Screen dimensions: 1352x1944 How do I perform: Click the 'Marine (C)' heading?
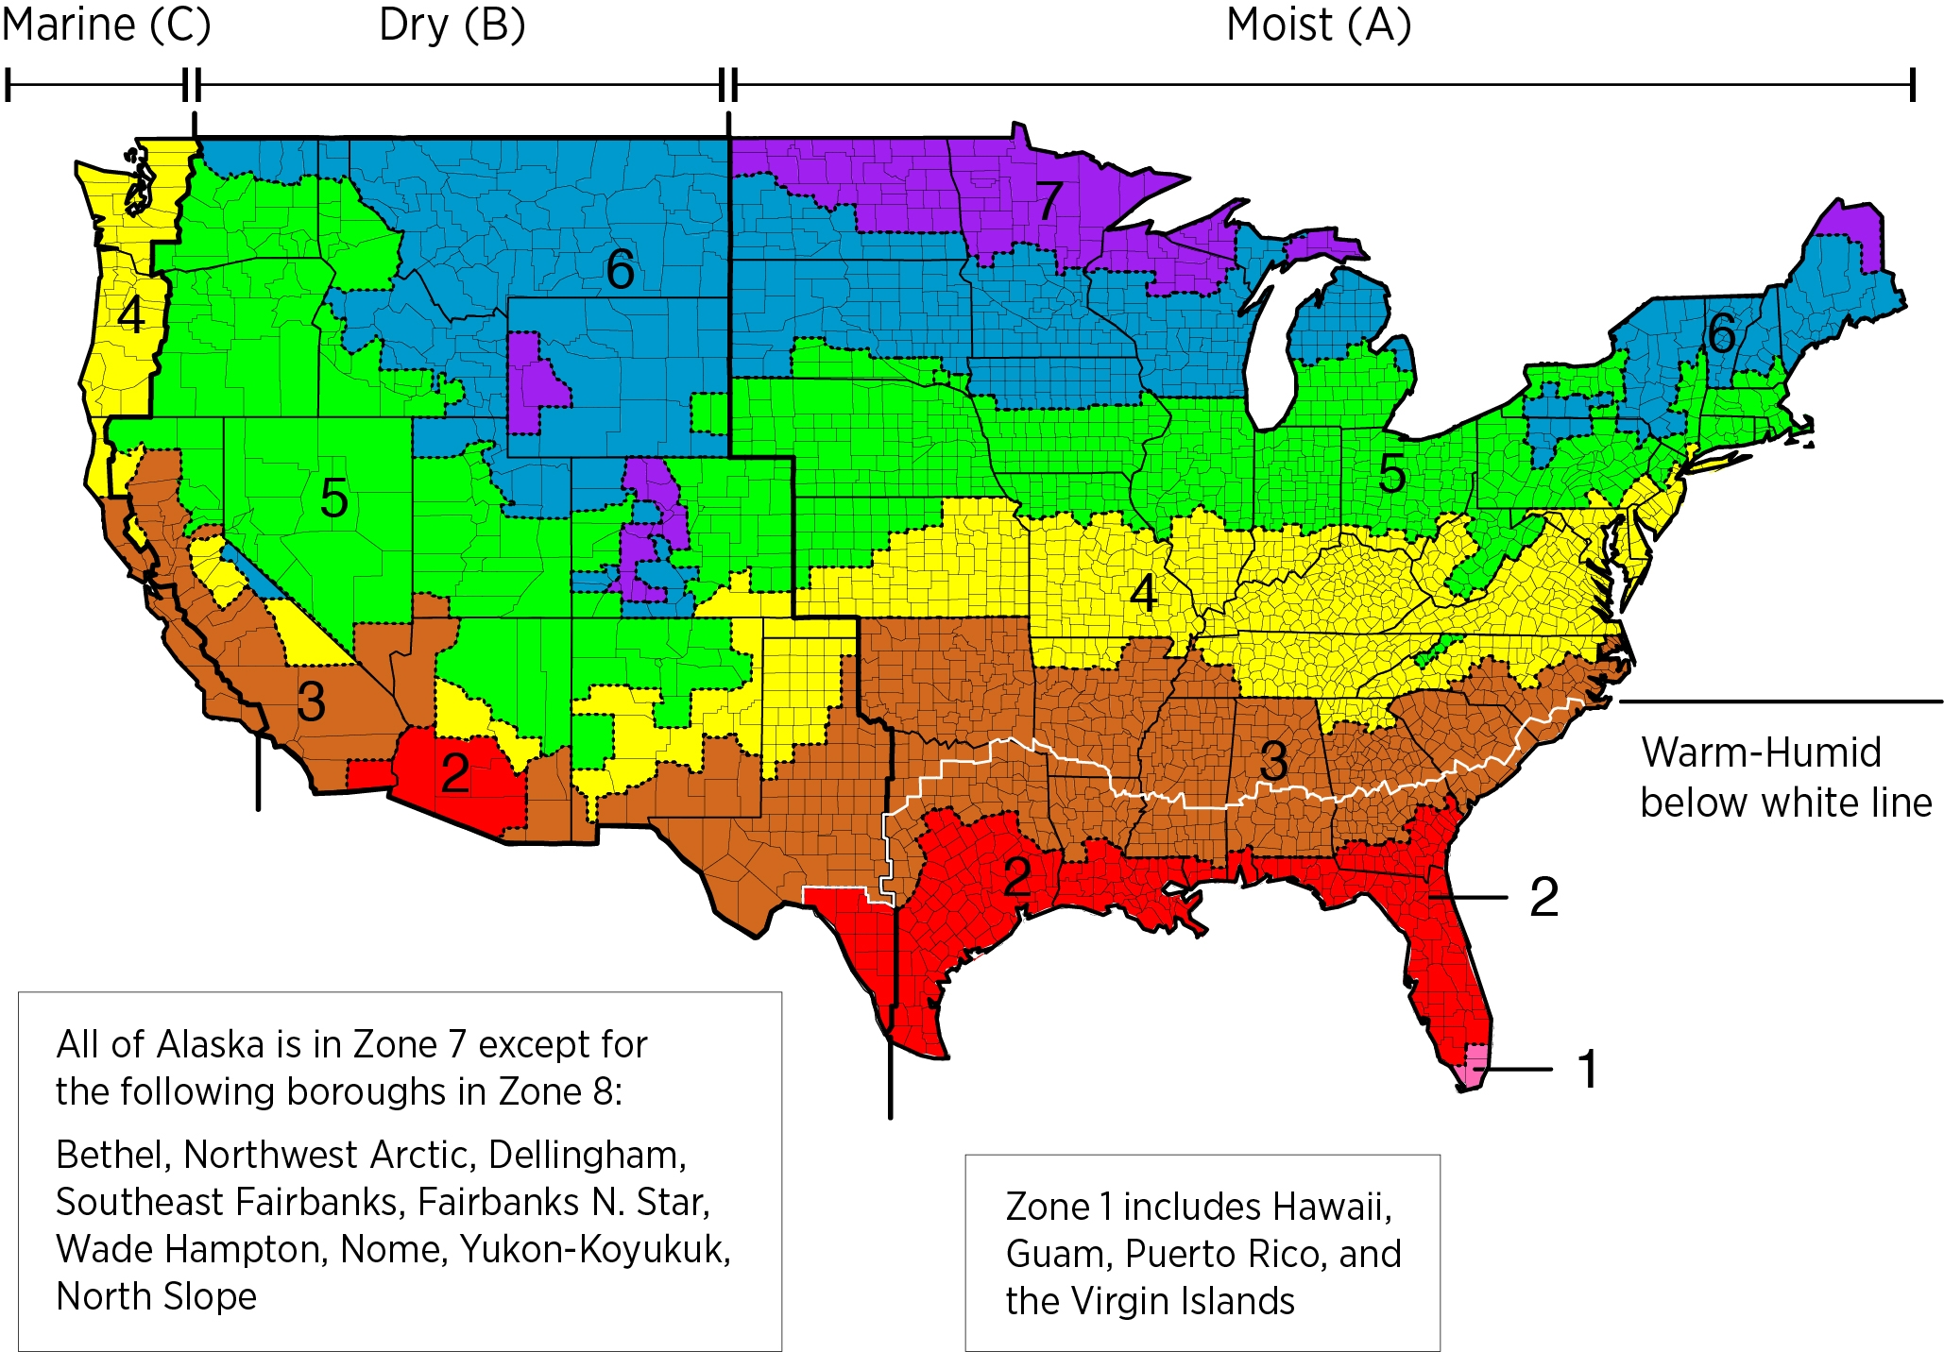(x=106, y=25)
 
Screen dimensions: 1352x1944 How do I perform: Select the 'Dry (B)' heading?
(x=452, y=25)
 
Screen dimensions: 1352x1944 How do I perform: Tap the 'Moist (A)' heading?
(x=1318, y=25)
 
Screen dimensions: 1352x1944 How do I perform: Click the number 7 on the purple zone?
(x=1049, y=200)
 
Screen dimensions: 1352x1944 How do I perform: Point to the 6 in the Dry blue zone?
(x=620, y=269)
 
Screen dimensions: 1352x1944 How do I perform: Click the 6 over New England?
(x=1721, y=333)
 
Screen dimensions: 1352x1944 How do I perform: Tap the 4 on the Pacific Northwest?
(x=131, y=314)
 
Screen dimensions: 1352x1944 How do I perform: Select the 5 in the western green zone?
(x=333, y=498)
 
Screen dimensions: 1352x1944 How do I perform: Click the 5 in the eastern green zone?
(x=1391, y=473)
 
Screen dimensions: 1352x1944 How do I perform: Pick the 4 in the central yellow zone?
(x=1144, y=594)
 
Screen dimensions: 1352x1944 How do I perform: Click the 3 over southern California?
(x=311, y=701)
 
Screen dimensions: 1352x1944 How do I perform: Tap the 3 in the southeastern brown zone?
(x=1273, y=760)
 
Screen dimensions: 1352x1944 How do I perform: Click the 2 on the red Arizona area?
(x=455, y=774)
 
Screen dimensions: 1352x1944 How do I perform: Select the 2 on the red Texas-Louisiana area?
(x=1016, y=877)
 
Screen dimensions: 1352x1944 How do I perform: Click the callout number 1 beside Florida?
(x=1588, y=1070)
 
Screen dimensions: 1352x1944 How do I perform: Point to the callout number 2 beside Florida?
(x=1543, y=897)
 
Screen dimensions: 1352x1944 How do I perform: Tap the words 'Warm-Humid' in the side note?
(x=1761, y=753)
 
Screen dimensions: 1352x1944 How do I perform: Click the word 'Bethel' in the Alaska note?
(x=112, y=1155)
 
